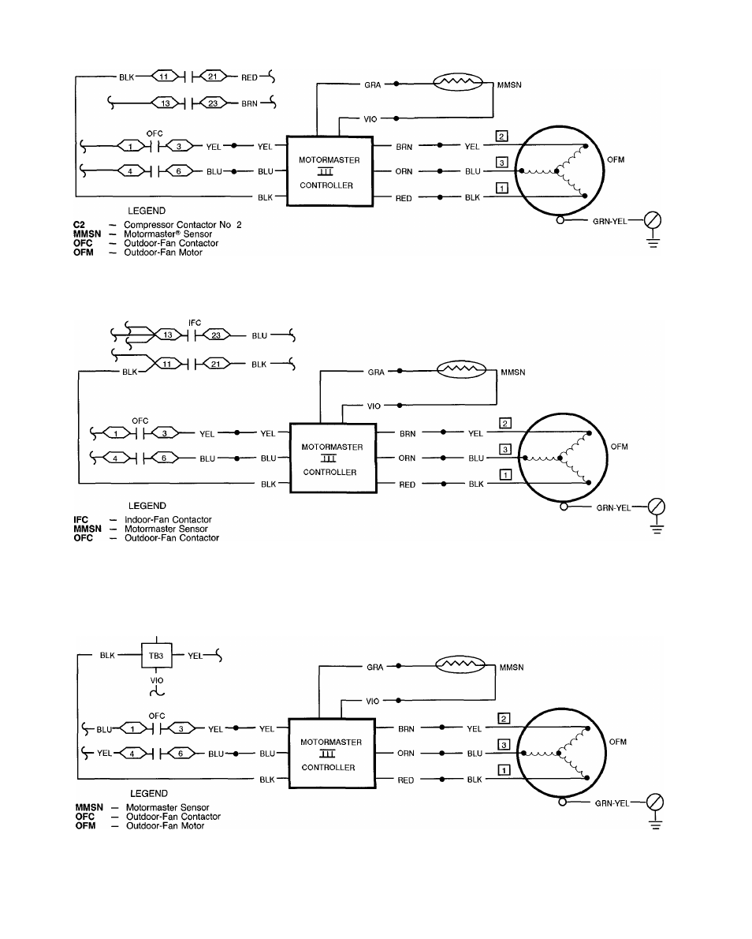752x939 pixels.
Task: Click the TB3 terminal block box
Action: tap(156, 656)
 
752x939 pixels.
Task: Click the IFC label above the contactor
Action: tap(195, 323)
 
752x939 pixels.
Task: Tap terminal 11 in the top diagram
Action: tap(164, 77)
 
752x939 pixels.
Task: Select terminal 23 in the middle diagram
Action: tap(215, 335)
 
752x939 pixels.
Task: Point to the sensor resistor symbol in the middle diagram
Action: tap(460, 369)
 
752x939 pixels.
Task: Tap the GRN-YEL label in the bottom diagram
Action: tap(612, 803)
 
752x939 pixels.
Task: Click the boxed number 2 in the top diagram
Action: tap(502, 137)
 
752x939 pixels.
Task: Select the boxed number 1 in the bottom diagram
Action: tap(504, 770)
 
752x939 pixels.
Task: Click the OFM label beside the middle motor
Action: tap(620, 447)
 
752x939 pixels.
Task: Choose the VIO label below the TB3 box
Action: tap(157, 680)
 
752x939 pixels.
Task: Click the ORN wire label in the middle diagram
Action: tap(407, 458)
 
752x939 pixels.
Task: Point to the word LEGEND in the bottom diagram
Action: tap(149, 794)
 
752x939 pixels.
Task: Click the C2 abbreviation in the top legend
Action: tap(79, 225)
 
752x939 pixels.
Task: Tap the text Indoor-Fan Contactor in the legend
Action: tap(168, 520)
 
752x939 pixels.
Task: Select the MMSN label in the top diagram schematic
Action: tap(509, 85)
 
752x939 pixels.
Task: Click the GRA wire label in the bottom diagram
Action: tap(375, 667)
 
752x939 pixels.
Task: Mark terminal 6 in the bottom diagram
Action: tap(180, 754)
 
